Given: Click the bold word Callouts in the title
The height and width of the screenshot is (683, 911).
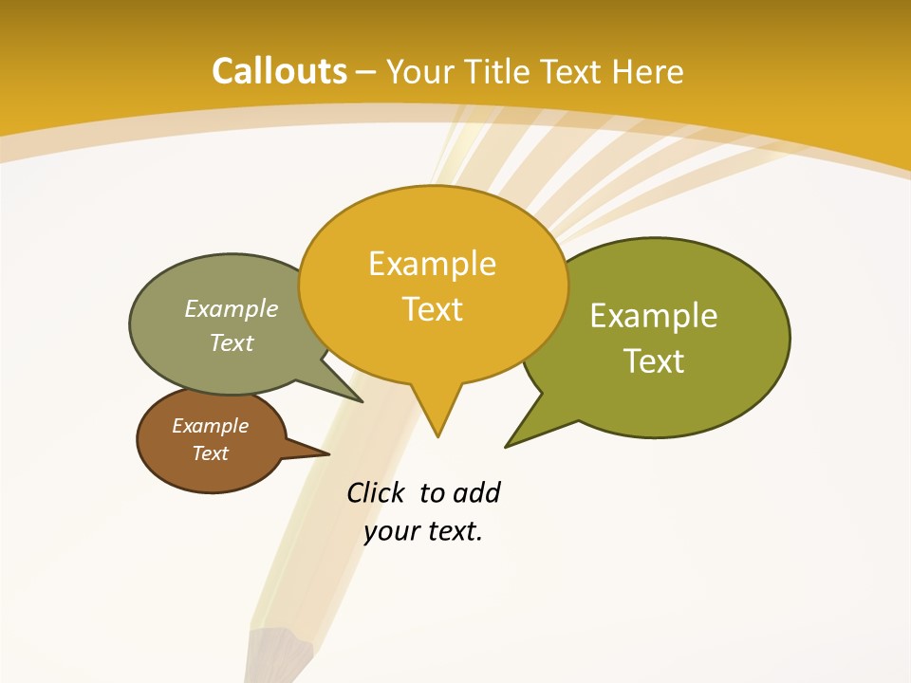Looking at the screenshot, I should (279, 71).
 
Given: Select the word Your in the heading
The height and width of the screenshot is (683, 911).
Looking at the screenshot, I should (418, 71).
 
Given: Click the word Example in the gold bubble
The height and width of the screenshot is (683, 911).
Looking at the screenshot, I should (432, 264).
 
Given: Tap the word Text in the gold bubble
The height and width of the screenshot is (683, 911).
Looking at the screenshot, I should (432, 309).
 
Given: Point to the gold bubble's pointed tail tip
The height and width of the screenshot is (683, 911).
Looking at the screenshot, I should (437, 435).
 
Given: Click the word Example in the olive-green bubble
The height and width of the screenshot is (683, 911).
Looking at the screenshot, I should (654, 316).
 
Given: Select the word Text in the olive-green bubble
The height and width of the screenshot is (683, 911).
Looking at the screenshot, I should (654, 361).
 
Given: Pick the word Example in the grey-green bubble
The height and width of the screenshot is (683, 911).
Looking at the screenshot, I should (232, 308).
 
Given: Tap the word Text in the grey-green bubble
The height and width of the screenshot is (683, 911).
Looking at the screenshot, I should (232, 342).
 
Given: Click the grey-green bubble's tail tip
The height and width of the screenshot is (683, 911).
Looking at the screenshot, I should (362, 401).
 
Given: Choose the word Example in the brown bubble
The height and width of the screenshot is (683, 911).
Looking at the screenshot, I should (210, 426).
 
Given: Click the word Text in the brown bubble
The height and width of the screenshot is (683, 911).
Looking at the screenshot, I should (210, 453).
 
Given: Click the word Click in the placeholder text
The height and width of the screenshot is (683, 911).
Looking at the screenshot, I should (375, 492).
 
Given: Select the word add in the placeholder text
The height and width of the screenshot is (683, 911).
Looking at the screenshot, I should (476, 492).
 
